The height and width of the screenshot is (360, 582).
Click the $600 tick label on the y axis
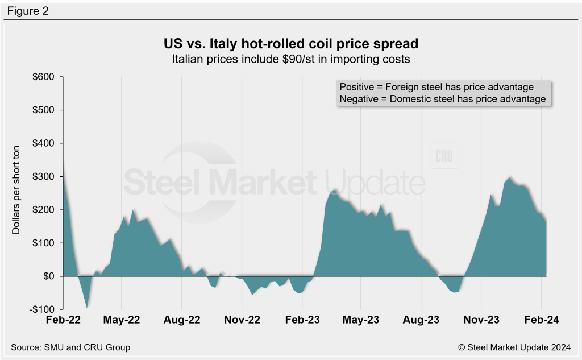(x=43, y=77)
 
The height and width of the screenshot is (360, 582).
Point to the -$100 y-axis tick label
(x=43, y=309)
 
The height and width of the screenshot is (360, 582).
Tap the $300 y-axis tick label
(x=43, y=176)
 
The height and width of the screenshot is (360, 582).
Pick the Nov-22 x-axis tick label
(x=243, y=320)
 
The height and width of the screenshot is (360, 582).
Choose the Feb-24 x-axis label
(x=541, y=320)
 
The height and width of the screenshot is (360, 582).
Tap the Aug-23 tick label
(x=421, y=320)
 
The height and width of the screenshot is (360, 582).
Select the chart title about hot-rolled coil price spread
(x=290, y=44)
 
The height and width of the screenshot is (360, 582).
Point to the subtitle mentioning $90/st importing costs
(x=290, y=58)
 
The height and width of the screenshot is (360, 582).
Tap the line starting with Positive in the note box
(x=436, y=87)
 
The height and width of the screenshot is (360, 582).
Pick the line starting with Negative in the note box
(x=442, y=99)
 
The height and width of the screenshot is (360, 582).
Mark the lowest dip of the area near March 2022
(x=87, y=308)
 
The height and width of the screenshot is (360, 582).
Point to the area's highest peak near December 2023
(x=510, y=178)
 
